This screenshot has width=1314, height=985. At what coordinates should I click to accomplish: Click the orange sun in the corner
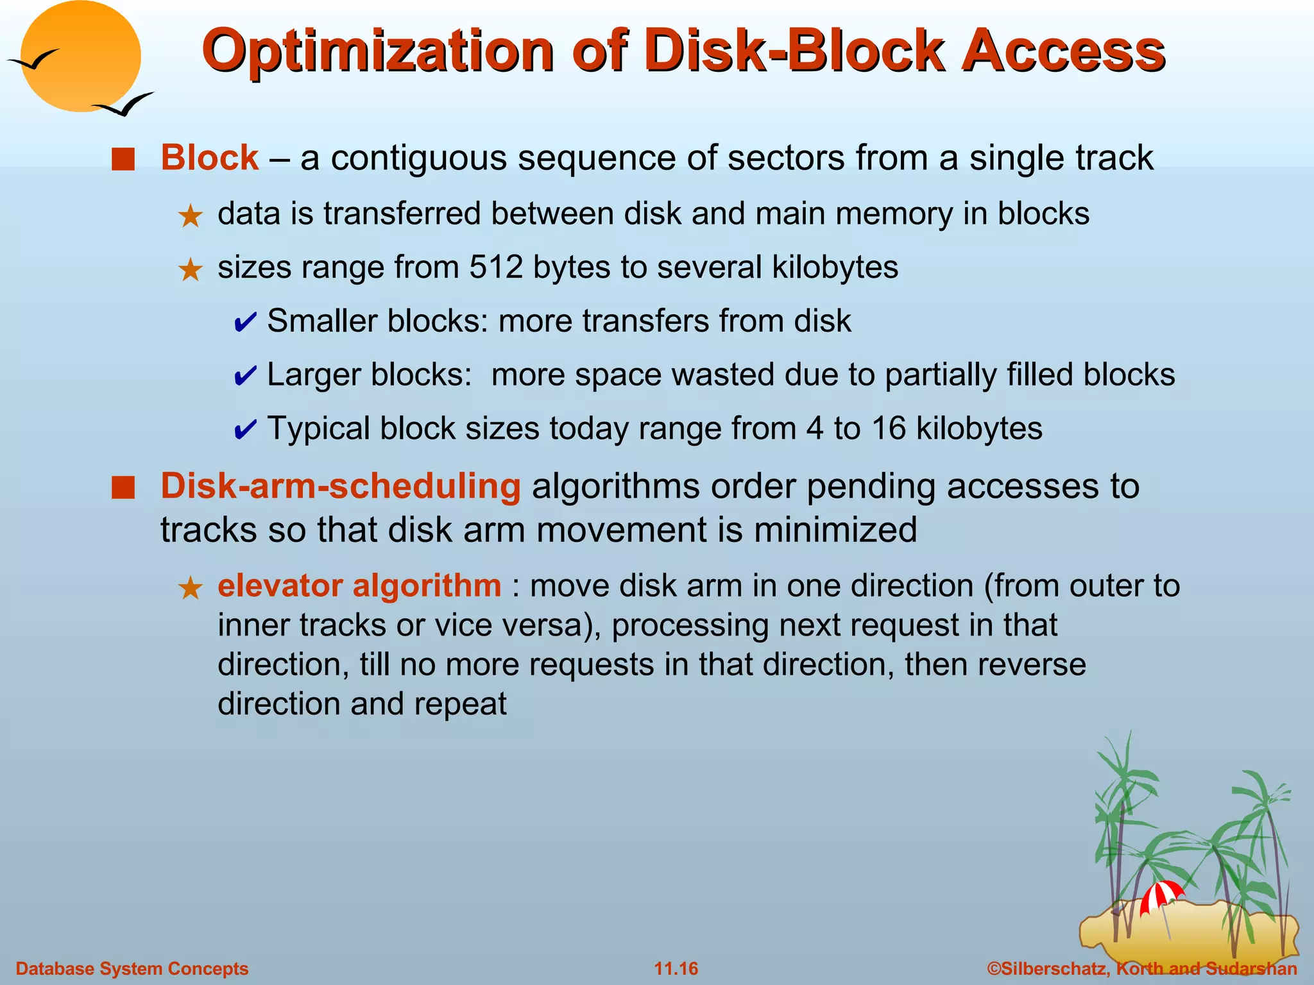coord(80,56)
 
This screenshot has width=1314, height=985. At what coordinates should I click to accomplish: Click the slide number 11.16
coord(676,968)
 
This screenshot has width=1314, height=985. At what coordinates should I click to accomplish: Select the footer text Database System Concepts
coord(132,968)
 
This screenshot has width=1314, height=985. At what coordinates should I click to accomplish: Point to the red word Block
coord(210,158)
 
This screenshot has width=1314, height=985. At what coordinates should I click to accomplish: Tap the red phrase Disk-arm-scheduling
coord(340,486)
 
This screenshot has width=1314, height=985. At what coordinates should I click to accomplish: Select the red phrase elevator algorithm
coord(359,586)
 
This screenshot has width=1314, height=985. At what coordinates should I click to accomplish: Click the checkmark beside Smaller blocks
coord(245,322)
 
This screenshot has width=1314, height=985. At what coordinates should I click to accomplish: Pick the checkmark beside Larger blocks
coord(245,376)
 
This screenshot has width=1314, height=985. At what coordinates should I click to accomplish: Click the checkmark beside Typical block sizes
coord(245,430)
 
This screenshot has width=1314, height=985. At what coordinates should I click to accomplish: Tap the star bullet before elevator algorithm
coord(191,588)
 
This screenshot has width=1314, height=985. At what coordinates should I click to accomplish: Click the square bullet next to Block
coord(123,159)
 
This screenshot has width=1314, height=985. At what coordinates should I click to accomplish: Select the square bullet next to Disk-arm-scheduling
coord(123,488)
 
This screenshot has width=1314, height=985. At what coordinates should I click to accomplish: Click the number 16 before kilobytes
coord(889,428)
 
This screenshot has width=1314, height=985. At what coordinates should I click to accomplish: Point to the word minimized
coord(835,530)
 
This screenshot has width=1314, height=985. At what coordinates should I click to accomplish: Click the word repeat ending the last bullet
coord(460,704)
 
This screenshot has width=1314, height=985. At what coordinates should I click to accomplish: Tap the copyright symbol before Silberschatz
coord(994,968)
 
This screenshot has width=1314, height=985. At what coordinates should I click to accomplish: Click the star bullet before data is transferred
coord(191,216)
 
